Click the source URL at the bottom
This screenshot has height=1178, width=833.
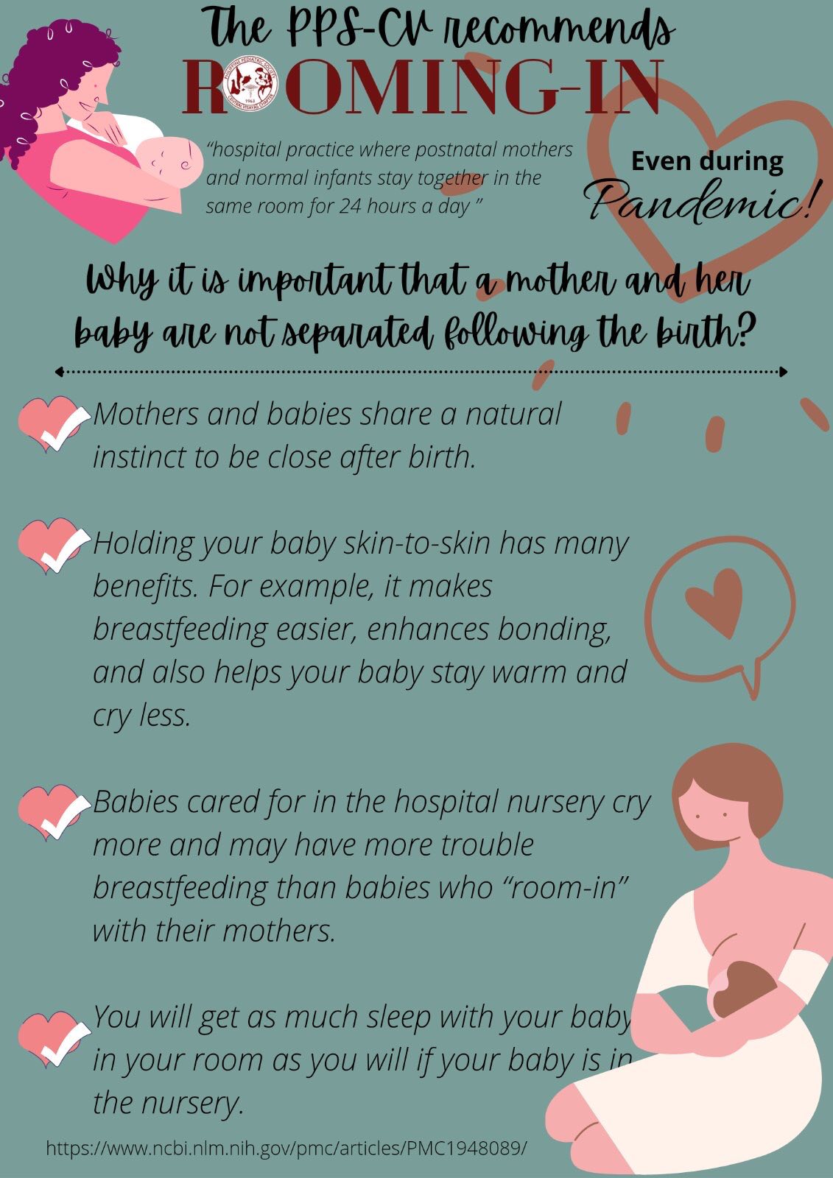pyautogui.click(x=287, y=1148)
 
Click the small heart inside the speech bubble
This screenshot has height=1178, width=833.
pyautogui.click(x=714, y=603)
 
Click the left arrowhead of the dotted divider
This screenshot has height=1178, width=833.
pyautogui.click(x=59, y=372)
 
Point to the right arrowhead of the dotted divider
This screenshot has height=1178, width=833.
pyautogui.click(x=784, y=372)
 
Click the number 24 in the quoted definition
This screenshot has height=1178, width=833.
pyautogui.click(x=349, y=207)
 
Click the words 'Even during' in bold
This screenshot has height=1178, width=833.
pyautogui.click(x=707, y=161)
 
